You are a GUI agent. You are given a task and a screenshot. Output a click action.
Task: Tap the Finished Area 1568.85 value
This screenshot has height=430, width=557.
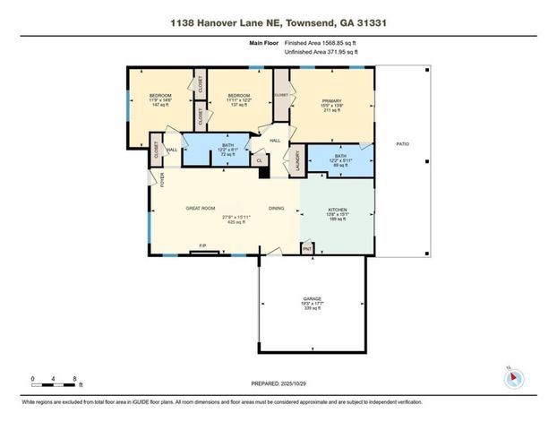tap(321, 42)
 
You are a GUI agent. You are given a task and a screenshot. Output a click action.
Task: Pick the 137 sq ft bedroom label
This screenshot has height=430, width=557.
tap(237, 99)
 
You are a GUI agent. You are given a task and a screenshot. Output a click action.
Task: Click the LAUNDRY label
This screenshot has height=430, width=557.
tap(296, 160)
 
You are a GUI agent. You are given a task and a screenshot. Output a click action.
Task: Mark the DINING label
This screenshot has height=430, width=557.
tap(277, 209)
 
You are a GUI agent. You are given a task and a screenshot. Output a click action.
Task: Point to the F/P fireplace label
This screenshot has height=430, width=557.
tap(202, 246)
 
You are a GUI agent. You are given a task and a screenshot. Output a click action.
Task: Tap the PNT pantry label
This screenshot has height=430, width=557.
tap(306, 247)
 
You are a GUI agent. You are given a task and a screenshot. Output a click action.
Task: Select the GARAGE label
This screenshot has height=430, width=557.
tap(312, 303)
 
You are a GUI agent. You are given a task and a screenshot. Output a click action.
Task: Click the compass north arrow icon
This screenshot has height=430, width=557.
tap(513, 377)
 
